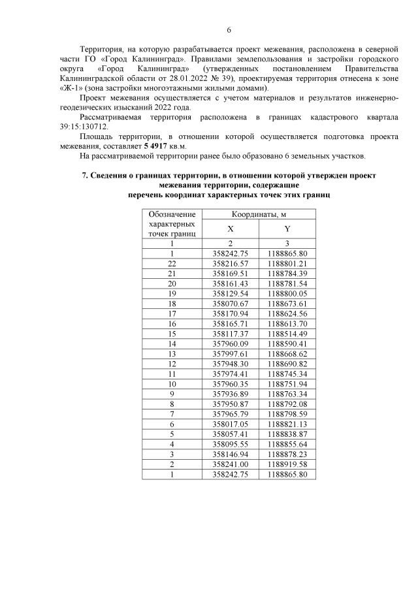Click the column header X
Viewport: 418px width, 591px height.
coord(230,229)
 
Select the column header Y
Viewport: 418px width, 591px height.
coord(287,229)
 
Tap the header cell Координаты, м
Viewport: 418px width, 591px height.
coord(259,214)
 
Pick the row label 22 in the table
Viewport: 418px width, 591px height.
coord(172,263)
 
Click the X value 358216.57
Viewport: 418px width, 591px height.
coord(231,263)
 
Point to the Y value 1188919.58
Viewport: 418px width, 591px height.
coord(287,464)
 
